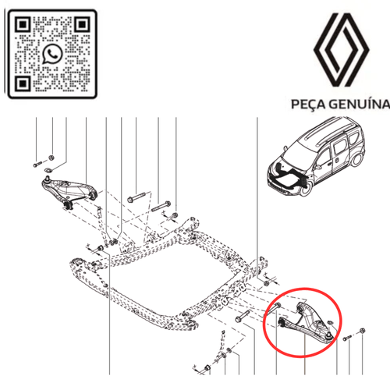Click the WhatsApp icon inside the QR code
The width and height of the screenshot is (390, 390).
point(53,53)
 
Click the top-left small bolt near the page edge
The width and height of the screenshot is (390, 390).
point(37,166)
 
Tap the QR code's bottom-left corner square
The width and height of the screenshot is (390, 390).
point(23,83)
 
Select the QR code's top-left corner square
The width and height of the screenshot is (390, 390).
point(23,23)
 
